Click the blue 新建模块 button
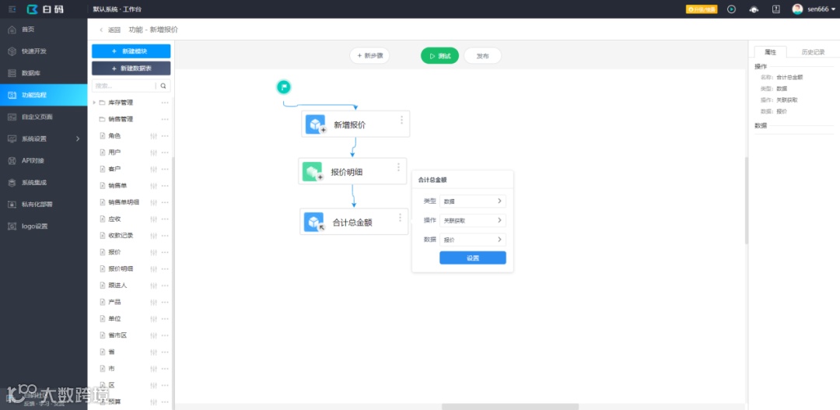coord(131,51)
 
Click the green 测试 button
coord(439,56)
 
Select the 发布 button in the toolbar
coord(482,56)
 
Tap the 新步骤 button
coord(369,56)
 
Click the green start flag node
coord(284,86)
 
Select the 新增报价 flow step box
coord(355,124)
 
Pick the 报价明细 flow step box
coord(352,172)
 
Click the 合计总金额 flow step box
coord(354,223)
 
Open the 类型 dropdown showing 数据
coord(472,201)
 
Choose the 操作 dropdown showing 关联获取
coord(472,220)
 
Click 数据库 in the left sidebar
coord(31,73)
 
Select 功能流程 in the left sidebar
coord(34,95)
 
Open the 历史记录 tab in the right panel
coord(812,52)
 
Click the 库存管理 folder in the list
coord(121,103)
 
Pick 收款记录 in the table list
coord(121,236)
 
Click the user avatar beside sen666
coord(797,9)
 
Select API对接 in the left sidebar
coord(33,161)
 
